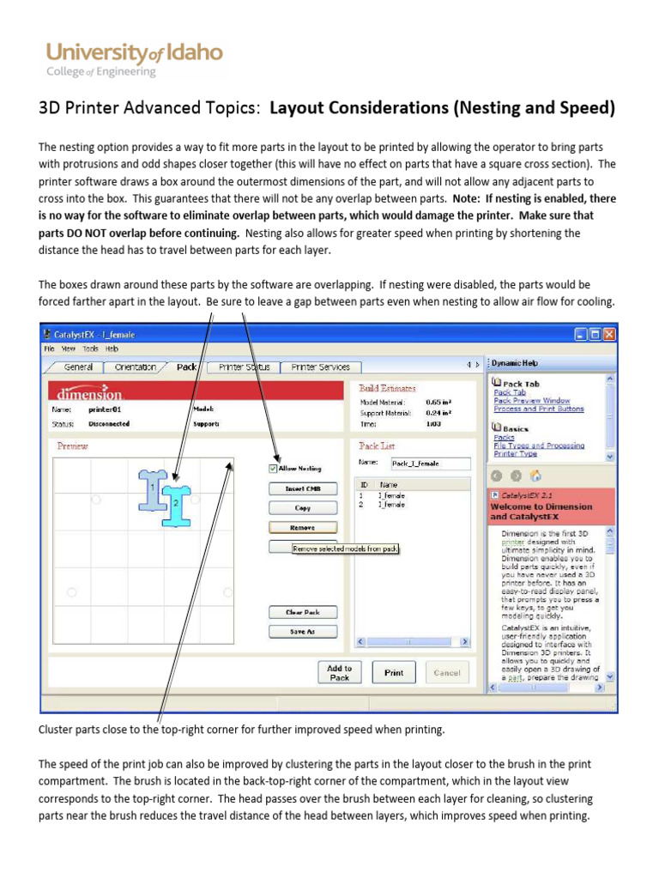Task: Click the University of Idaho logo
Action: pos(134,59)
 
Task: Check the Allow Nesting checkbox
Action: pos(274,469)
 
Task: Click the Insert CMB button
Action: pos(302,488)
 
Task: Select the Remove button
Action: pos(302,528)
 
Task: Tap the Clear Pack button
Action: pos(302,612)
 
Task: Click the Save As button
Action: pos(302,631)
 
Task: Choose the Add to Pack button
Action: pos(340,673)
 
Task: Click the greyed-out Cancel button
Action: pos(446,673)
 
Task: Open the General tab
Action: pos(78,367)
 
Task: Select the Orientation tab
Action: pos(136,367)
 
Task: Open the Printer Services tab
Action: pos(320,367)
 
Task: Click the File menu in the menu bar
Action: pos(50,349)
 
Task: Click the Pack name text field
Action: pos(431,464)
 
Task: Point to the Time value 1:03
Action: pos(433,424)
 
